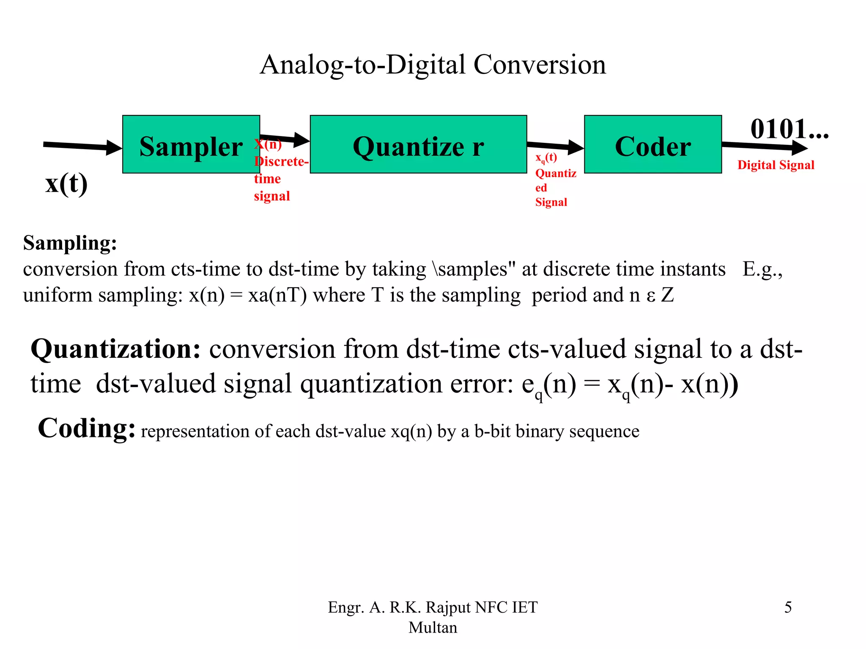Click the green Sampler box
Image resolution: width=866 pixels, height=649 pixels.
[x=191, y=145]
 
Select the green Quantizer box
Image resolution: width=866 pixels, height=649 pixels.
[x=418, y=145]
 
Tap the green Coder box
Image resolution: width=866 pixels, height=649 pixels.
[x=652, y=145]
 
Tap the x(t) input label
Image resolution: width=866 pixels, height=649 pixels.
[x=66, y=184]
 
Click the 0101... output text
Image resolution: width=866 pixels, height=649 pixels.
[x=789, y=129]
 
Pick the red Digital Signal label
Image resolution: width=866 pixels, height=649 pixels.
[x=776, y=165]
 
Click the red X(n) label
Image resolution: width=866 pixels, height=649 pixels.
[x=269, y=144]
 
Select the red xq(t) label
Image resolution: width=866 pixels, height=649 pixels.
[x=546, y=158]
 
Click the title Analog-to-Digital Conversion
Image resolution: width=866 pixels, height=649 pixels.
[x=433, y=65]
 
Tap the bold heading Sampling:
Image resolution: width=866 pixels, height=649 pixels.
[x=70, y=243]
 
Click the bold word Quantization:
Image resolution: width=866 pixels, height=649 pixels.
[x=115, y=349]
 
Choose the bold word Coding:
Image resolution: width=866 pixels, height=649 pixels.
[x=87, y=428]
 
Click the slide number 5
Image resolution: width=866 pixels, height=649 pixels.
[x=788, y=607]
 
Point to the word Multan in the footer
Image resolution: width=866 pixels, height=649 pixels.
[x=433, y=627]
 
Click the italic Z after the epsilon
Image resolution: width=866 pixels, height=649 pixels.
[x=667, y=295]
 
